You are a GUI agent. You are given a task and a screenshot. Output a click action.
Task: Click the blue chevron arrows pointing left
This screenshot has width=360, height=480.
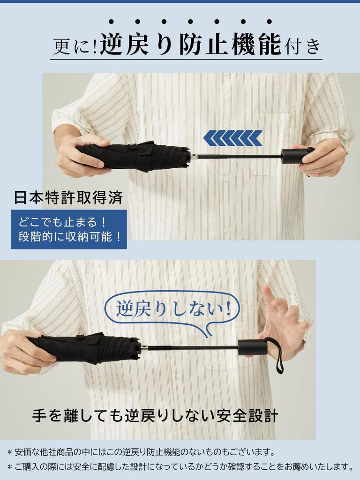pyautogui.click(x=233, y=138)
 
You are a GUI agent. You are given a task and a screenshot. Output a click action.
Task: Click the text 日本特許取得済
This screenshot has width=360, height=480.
pyautogui.click(x=68, y=198)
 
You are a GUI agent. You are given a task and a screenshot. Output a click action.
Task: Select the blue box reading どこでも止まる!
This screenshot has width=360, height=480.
pyautogui.click(x=69, y=229)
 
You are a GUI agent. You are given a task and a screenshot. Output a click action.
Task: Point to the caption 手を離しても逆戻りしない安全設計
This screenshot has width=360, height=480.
pyautogui.click(x=155, y=415)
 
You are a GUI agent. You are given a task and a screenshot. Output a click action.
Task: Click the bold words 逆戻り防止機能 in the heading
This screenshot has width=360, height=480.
pyautogui.click(x=190, y=45)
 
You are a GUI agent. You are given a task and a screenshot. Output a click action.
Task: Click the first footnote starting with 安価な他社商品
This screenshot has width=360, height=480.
pyautogui.click(x=141, y=452)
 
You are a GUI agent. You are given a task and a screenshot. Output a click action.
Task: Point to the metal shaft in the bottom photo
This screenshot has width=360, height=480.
pyautogui.click(x=190, y=348)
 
